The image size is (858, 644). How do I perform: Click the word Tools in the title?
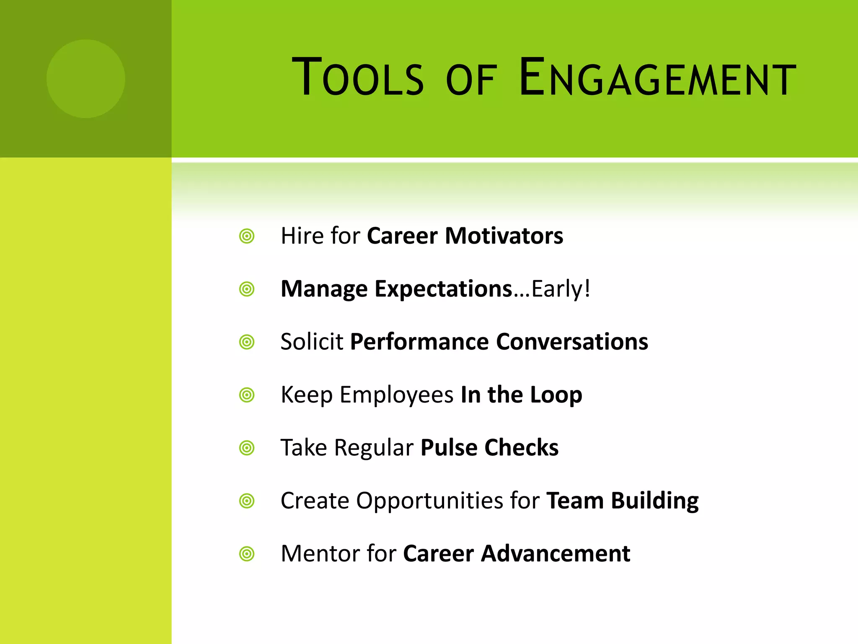click(x=357, y=78)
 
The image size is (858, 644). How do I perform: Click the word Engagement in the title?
click(x=657, y=78)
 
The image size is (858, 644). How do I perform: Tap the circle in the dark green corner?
click(x=86, y=79)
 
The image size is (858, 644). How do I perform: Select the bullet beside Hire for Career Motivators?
click(x=247, y=236)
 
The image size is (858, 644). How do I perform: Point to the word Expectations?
click(x=443, y=289)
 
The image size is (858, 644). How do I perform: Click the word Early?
click(x=561, y=289)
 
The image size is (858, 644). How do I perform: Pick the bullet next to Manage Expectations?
click(x=247, y=289)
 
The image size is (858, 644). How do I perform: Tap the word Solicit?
click(x=312, y=342)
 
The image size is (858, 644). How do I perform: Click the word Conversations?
click(x=572, y=342)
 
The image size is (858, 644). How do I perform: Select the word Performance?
click(x=419, y=342)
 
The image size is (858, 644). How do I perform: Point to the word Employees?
click(x=396, y=395)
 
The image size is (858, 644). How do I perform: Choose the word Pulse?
click(x=449, y=448)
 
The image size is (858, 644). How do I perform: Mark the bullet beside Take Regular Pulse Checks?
click(x=247, y=448)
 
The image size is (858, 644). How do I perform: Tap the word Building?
click(x=655, y=501)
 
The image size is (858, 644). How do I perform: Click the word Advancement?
click(x=556, y=553)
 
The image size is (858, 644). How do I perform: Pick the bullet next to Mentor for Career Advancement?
click(x=247, y=554)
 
